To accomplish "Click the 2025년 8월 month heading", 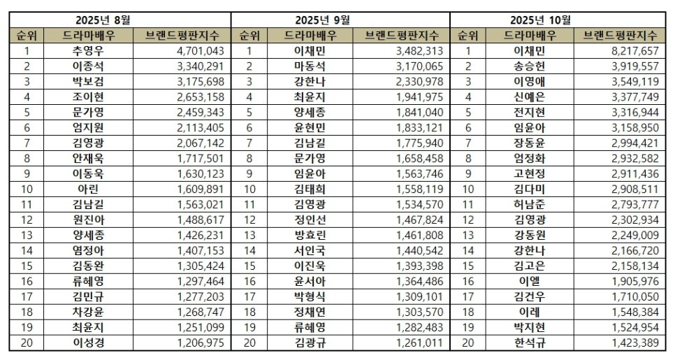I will [x=119, y=19].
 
